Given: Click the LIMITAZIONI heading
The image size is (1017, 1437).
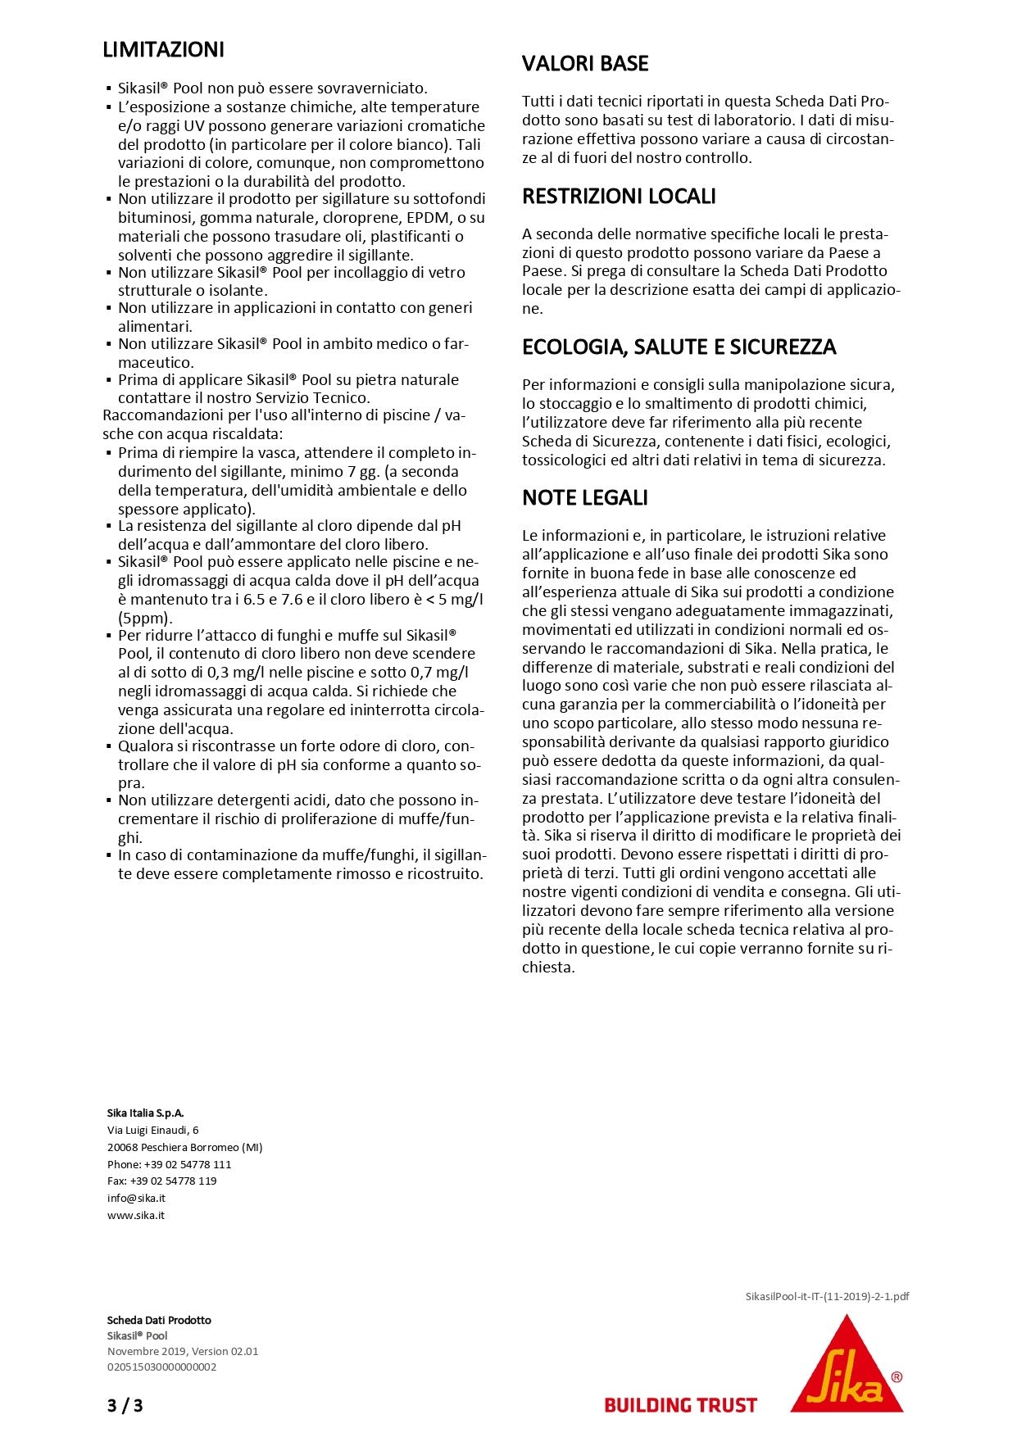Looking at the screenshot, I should (163, 50).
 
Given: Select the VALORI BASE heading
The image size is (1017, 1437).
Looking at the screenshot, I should (585, 64).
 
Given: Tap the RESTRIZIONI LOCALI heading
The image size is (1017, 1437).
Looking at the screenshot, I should (619, 197).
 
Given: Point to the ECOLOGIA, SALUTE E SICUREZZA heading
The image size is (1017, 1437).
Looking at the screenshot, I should (679, 347).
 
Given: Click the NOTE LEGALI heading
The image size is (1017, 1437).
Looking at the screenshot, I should (584, 498).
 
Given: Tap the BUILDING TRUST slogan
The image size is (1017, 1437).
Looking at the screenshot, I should (680, 1406).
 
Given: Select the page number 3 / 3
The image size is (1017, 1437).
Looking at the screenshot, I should (125, 1406).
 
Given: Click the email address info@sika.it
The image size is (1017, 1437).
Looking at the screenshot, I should (136, 1198).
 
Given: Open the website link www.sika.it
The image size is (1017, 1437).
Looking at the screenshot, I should (136, 1215).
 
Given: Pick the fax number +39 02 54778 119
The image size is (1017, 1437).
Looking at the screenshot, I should (180, 1181).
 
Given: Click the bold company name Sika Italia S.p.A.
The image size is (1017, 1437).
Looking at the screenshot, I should (145, 1113).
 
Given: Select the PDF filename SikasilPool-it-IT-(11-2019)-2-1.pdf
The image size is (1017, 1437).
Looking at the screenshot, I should (827, 1297).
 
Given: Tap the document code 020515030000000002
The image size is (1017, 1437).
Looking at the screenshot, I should (161, 1367).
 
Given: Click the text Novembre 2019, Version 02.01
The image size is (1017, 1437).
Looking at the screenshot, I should (182, 1351).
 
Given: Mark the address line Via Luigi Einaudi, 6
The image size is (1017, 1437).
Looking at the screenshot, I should (152, 1130).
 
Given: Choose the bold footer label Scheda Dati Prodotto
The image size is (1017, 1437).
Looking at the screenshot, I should (159, 1320).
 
